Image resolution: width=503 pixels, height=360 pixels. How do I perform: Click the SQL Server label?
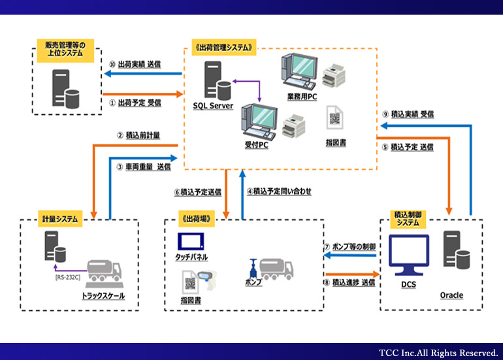(213, 105)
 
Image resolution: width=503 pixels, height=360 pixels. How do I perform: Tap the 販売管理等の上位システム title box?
(65, 48)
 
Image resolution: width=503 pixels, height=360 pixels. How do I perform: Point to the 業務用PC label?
(302, 97)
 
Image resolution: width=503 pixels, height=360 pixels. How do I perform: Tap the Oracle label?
(451, 295)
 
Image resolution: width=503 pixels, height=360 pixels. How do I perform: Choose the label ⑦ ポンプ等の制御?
(350, 247)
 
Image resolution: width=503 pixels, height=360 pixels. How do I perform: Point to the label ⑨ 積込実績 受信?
(408, 114)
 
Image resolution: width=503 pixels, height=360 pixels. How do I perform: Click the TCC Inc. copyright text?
(438, 352)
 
